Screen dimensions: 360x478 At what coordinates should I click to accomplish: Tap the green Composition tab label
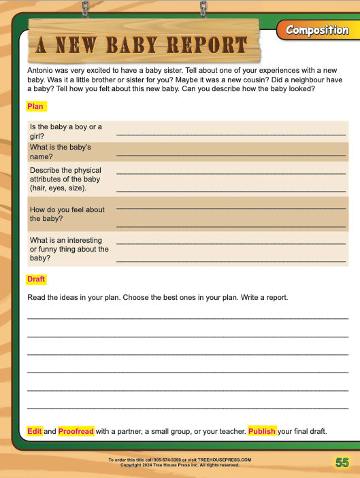click(x=316, y=30)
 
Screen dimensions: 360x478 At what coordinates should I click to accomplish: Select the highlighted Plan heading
click(x=35, y=106)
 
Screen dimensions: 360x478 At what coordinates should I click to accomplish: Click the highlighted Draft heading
click(x=36, y=279)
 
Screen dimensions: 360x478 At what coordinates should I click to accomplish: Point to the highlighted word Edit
click(x=34, y=431)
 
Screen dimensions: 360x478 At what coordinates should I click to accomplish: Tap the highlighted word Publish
click(x=261, y=431)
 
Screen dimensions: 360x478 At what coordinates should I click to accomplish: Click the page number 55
click(x=342, y=462)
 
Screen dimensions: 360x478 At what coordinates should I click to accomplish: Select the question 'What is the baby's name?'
click(x=60, y=152)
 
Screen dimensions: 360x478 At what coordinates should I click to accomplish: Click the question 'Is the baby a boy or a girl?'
click(x=65, y=131)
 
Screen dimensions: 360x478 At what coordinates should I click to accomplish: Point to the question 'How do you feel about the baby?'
click(x=67, y=214)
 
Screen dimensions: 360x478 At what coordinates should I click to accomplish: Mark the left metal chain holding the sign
click(x=85, y=9)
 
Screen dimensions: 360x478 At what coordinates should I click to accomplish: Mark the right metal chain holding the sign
click(x=203, y=9)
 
